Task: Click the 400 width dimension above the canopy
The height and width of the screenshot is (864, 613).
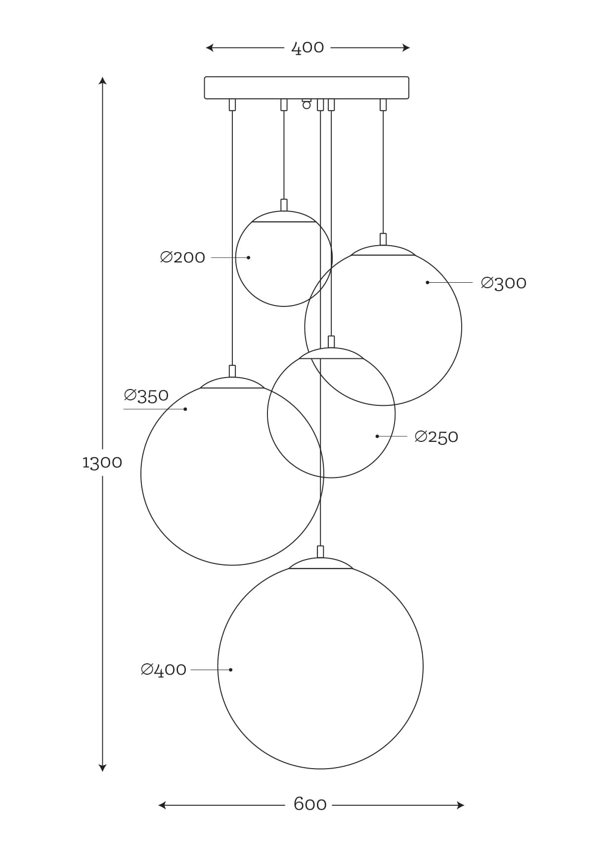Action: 307,48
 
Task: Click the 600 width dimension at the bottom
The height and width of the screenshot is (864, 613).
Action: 310,804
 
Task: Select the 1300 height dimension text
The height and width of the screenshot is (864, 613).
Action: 102,463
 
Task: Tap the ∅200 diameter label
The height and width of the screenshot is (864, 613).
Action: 182,258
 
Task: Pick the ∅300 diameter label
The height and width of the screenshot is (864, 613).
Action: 503,283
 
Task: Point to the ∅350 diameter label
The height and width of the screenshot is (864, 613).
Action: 146,395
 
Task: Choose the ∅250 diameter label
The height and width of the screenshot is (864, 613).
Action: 436,437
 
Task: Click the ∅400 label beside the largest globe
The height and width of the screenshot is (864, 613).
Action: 164,670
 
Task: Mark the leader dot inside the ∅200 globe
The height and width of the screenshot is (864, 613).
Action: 249,258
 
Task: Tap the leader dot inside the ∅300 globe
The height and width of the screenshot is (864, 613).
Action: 428,282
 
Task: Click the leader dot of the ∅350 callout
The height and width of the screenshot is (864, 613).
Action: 185,409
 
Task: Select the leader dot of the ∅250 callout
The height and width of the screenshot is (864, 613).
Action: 377,436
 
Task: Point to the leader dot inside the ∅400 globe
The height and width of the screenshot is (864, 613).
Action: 231,670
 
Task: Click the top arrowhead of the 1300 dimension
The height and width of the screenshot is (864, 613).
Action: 102,80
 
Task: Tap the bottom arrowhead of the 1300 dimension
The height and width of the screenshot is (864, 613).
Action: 102,768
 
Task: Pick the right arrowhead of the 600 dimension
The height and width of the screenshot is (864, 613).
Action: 460,805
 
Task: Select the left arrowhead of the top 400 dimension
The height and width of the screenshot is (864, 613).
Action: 210,48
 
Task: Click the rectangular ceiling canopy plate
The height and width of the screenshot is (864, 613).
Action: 306,87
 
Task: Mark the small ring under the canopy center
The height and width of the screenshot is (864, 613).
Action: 306,105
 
